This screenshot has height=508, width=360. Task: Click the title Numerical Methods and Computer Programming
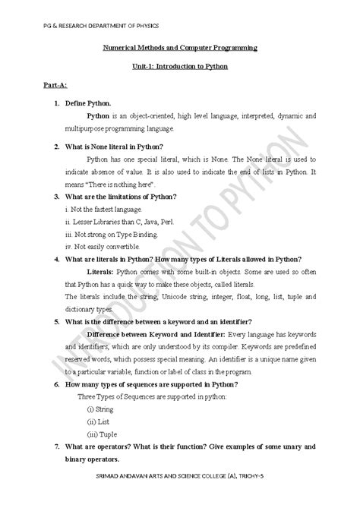180,48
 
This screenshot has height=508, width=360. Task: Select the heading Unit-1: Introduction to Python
180,67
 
